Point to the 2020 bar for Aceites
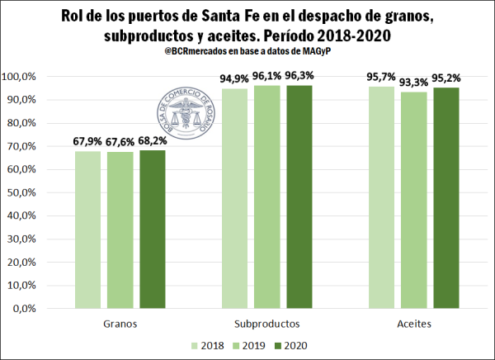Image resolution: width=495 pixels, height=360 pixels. tap(445, 197)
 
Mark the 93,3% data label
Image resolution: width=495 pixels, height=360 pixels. tap(414, 82)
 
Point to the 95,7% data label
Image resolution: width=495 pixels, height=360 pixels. tap(381, 77)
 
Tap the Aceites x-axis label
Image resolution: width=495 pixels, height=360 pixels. tap(413, 324)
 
